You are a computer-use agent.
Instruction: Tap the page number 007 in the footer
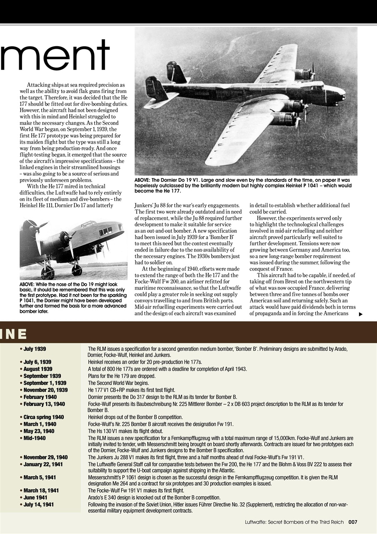coord(353,522)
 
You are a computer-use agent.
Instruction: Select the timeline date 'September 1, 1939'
coord(45,383)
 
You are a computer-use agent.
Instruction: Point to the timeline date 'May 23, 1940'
coord(39,431)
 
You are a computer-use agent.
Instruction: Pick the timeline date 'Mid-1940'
coord(35,438)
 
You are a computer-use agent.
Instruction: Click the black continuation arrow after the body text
coord(360,314)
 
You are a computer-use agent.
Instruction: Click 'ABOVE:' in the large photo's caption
coord(143,180)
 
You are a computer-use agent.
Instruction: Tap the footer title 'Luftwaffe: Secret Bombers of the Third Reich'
coord(294,522)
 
